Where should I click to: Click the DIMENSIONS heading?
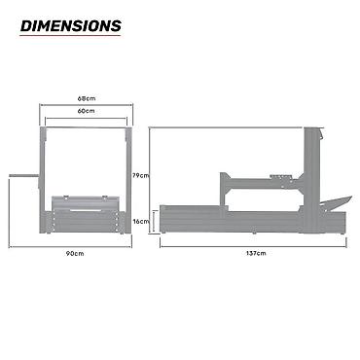71,26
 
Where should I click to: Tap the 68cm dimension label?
87,98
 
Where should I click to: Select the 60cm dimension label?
87,111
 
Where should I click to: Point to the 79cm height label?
140,175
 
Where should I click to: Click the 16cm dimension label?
141,222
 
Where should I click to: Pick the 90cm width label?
75,253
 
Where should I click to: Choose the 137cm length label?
256,253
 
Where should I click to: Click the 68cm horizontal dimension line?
87,105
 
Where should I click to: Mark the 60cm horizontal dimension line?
87,119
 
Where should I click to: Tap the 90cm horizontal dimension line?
70,247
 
